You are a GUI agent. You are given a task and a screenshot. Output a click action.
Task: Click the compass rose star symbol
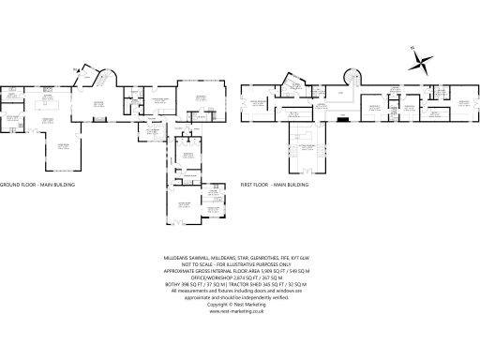[424, 64]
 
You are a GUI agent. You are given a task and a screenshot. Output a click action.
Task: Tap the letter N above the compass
[412, 49]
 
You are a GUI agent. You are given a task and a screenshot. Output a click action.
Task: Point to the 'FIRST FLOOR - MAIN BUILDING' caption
[275, 186]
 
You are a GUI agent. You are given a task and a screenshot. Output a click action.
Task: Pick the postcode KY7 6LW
[299, 257]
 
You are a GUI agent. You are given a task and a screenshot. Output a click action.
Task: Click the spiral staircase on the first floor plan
[354, 76]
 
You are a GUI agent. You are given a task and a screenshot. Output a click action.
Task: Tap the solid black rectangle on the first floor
[343, 118]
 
